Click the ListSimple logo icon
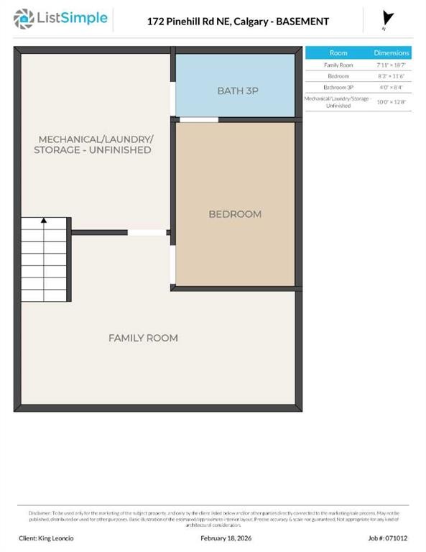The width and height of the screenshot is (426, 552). [24, 18]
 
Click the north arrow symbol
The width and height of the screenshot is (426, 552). [389, 19]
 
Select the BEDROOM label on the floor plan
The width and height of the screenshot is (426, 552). [235, 213]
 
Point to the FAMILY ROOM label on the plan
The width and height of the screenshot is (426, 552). [143, 338]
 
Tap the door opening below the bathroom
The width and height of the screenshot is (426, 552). [198, 119]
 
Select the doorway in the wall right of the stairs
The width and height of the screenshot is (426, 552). [147, 232]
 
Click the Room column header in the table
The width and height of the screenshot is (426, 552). [338, 53]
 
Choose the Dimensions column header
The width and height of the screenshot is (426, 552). [392, 53]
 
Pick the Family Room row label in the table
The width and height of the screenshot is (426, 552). [338, 65]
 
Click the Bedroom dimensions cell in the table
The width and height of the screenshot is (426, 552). [392, 75]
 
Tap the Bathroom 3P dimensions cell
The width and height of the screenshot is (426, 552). [392, 87]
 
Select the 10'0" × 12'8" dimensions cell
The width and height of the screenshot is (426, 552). [392, 101]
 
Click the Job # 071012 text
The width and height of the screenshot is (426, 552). [388, 537]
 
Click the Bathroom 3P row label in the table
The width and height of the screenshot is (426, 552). [338, 87]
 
